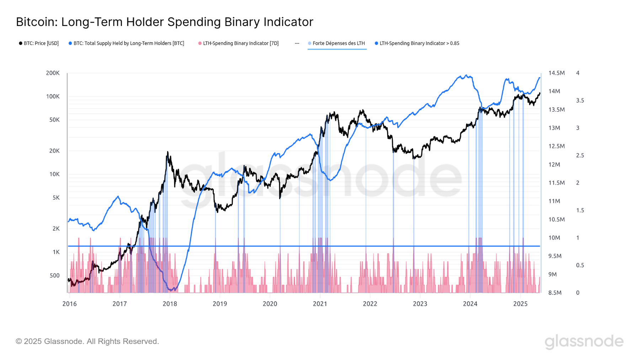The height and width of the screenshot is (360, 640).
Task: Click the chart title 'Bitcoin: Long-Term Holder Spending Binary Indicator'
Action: (164, 22)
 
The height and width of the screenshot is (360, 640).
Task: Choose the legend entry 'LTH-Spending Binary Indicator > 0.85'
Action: (419, 43)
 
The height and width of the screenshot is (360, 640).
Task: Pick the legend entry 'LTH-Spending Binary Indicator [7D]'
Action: (241, 43)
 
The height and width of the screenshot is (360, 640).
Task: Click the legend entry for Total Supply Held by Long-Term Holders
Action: (129, 43)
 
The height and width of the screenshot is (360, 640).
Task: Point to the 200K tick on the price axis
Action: (53, 73)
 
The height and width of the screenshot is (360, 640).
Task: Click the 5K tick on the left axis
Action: (56, 198)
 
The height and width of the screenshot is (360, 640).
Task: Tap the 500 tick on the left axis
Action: (54, 275)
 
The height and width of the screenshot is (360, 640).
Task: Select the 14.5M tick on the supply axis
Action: (556, 73)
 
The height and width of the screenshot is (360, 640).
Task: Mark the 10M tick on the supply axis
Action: (555, 238)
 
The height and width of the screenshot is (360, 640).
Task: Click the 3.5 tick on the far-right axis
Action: (580, 101)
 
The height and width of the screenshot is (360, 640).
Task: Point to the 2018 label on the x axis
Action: (170, 303)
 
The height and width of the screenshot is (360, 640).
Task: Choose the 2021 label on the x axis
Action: (320, 303)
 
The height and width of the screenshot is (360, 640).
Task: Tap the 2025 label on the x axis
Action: (520, 303)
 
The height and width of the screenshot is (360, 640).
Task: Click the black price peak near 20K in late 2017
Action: (167, 152)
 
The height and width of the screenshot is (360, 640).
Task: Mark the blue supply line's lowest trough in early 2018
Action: (172, 290)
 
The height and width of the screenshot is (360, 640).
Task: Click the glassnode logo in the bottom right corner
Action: (584, 342)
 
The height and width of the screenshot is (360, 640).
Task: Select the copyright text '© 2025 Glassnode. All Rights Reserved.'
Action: (87, 342)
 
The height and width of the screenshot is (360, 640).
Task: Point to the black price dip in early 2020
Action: (280, 198)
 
